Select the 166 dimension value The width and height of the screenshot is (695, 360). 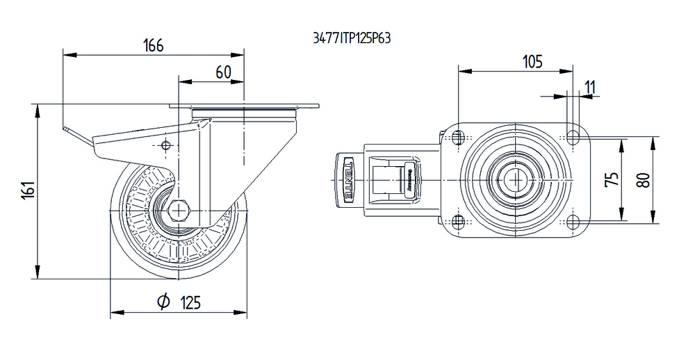153,46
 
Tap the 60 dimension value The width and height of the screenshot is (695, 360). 223,72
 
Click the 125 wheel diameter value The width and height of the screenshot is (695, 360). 190,302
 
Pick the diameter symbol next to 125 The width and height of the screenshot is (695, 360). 163,302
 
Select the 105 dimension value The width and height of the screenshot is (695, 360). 532,62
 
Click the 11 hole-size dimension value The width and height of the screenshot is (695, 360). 590,87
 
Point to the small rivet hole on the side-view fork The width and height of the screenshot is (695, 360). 165,145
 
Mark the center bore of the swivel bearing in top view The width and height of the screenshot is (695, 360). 514,179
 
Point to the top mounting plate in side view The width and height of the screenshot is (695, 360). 244,106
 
